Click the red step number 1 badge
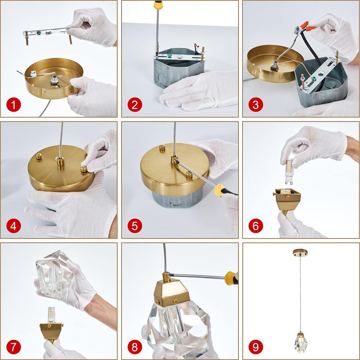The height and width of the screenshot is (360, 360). (13, 105)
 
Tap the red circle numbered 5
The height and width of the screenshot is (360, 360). (135, 226)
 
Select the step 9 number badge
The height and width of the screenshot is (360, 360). (256, 347)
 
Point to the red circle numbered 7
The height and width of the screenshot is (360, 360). (13, 347)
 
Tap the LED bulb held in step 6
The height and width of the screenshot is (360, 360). (289, 171)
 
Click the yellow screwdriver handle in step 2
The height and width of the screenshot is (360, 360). (158, 4)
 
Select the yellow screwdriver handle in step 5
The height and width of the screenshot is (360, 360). (220, 190)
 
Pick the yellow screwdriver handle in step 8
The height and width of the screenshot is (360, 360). (230, 278)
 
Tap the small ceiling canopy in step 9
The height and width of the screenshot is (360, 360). (300, 252)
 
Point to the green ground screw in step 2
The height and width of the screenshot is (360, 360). (170, 55)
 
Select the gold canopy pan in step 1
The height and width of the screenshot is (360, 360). (54, 78)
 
